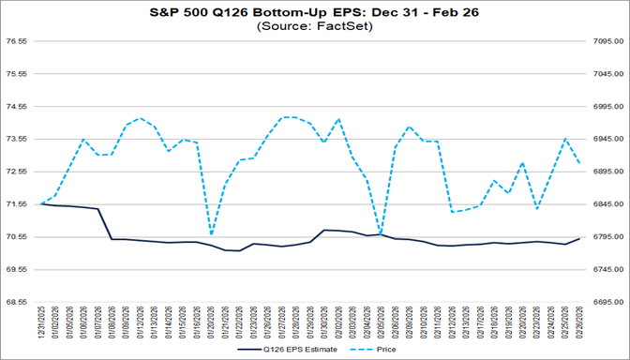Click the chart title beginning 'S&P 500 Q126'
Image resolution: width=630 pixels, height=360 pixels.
coord(314,13)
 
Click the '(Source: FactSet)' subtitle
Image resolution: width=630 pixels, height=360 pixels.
coord(314,27)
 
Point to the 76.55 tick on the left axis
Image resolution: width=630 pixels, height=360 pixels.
coord(20,41)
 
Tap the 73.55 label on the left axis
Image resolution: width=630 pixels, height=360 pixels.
coord(20,139)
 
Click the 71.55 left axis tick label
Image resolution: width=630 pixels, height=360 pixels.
coord(20,203)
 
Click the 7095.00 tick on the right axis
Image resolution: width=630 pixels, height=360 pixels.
coord(608,41)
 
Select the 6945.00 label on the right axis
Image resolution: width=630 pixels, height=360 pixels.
coord(608,139)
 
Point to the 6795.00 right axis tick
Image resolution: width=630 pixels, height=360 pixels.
coord(608,236)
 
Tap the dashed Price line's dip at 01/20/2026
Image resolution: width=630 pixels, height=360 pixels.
coord(211,235)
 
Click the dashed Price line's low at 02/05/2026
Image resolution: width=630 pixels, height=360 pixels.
coord(381,232)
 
